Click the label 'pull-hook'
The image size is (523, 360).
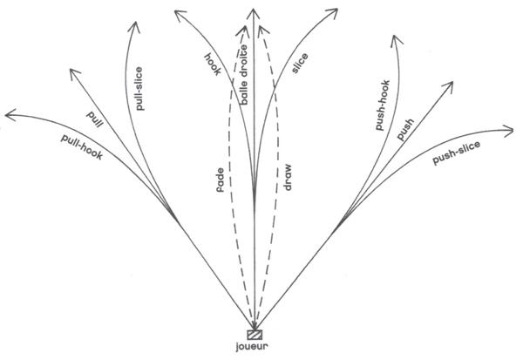83,148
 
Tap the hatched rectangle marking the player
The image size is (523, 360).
255,334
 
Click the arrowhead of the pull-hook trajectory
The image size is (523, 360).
9,114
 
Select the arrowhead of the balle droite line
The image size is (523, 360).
254,10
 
